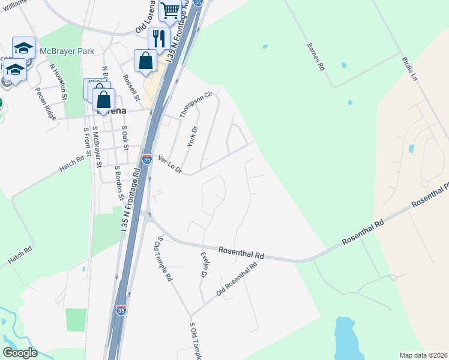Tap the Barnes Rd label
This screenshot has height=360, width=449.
click(315, 57)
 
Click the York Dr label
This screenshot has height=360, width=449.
click(192, 137)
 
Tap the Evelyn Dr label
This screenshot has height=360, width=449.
click(203, 264)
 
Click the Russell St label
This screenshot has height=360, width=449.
click(131, 88)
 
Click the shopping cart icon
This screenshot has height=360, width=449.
click(170, 10)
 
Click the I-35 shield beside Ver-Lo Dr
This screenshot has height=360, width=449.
click(147, 159)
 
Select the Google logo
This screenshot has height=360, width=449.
click(20, 353)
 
